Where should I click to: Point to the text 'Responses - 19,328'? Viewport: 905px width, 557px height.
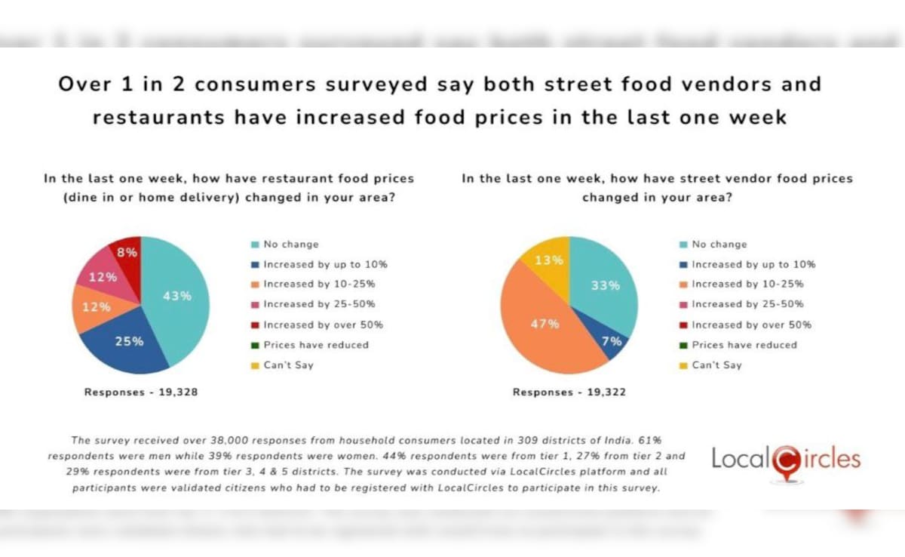[x=141, y=392]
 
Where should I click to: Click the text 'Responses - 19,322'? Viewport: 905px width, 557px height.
[x=569, y=392]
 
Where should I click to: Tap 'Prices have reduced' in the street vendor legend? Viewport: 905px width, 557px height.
[x=744, y=345]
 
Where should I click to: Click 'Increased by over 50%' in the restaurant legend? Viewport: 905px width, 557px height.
[x=322, y=325]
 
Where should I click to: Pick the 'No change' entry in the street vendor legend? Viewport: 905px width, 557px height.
[x=719, y=245]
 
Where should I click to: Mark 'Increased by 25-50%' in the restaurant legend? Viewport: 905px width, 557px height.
[x=318, y=304]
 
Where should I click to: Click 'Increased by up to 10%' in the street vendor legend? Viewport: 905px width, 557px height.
[x=753, y=264]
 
